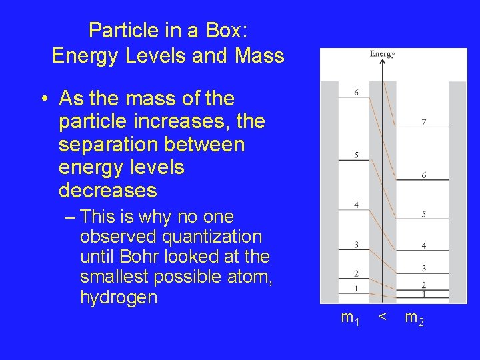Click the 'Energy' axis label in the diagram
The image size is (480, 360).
[x=383, y=54]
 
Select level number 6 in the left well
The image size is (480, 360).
[x=356, y=93]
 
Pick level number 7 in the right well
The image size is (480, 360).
[x=424, y=122]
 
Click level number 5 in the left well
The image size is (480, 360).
[x=357, y=155]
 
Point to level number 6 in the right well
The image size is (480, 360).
[x=424, y=175]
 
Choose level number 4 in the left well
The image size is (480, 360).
[x=356, y=205]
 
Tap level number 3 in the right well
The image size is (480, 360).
[x=424, y=269]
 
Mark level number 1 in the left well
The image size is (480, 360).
[x=356, y=289]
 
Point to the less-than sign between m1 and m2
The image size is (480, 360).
[x=381, y=317]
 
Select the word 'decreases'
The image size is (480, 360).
[x=108, y=191]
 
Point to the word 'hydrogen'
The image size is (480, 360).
[x=119, y=297]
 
